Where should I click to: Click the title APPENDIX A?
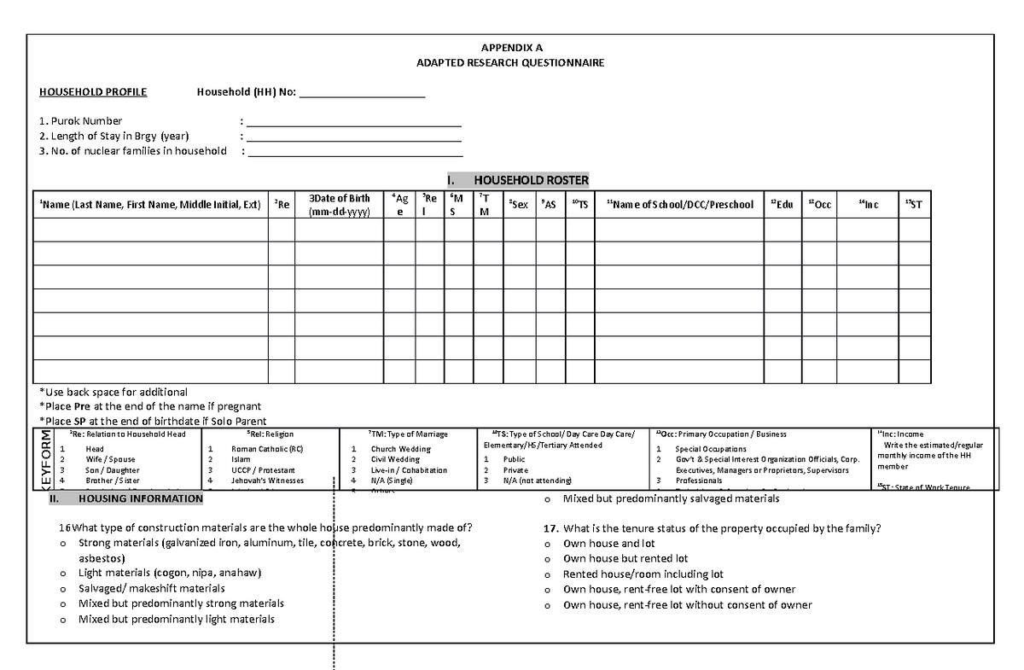[510, 48]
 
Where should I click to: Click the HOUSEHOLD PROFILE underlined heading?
[93, 92]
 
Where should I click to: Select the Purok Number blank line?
[353, 122]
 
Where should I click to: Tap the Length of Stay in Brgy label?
[114, 136]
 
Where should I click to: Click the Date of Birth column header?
[339, 205]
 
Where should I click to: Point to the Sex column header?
[518, 205]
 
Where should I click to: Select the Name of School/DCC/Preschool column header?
[679, 205]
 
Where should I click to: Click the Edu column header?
[782, 205]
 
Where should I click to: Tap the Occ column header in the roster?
[820, 205]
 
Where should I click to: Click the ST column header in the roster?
[914, 205]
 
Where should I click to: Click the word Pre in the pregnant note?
[82, 406]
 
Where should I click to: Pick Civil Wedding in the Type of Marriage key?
[395, 459]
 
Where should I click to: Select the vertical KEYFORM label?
[45, 458]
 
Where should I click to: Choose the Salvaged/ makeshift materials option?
[151, 588]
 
